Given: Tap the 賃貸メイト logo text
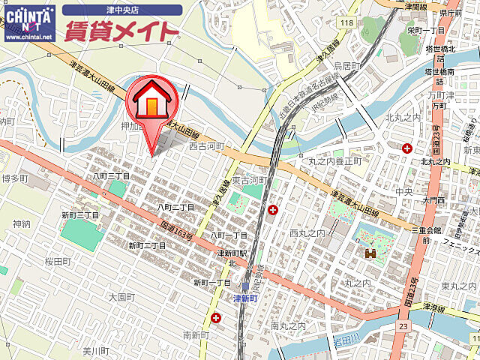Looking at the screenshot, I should tap(122, 31).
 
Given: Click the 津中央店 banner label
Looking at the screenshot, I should tap(122, 10).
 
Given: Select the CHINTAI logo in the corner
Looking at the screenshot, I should tap(28, 20).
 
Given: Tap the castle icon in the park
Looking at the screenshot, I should tap(370, 254).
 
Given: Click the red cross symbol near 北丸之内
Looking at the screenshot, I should tap(406, 148).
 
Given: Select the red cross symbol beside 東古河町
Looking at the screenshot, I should tap(273, 209).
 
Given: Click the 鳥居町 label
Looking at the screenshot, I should tap(347, 66).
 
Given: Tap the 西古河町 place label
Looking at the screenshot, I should tap(206, 146).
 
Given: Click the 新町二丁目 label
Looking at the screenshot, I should tap(147, 245).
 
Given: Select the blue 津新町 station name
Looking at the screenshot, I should tap(244, 298).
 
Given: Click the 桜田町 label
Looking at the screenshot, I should tap(56, 261).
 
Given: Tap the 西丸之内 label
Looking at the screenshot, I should tap(307, 233).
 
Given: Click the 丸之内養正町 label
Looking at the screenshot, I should tap(334, 161).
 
